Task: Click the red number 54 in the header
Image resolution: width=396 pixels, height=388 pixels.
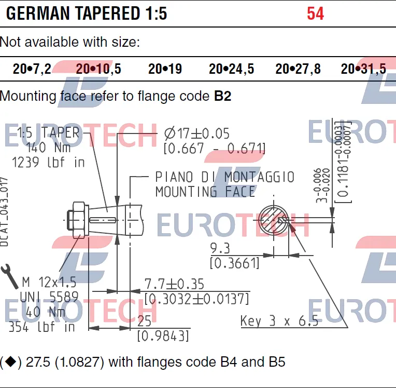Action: coord(315,14)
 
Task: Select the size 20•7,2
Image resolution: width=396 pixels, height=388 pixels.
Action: coord(32,69)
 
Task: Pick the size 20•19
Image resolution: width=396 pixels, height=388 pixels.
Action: coord(165,69)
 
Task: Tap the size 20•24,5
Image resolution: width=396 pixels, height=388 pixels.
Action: coord(231,69)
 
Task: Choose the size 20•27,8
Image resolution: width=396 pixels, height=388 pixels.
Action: coord(298,69)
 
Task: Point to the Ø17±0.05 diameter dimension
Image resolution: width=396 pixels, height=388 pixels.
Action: coord(196,134)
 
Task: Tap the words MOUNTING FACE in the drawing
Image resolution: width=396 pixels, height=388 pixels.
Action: coord(205,192)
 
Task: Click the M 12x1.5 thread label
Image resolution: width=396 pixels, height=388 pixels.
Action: coord(49,282)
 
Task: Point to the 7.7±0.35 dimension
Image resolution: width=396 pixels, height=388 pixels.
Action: coord(174,284)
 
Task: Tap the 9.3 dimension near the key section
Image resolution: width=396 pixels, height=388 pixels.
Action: coord(220,247)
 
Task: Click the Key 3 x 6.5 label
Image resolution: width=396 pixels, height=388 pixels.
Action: coord(279,321)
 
